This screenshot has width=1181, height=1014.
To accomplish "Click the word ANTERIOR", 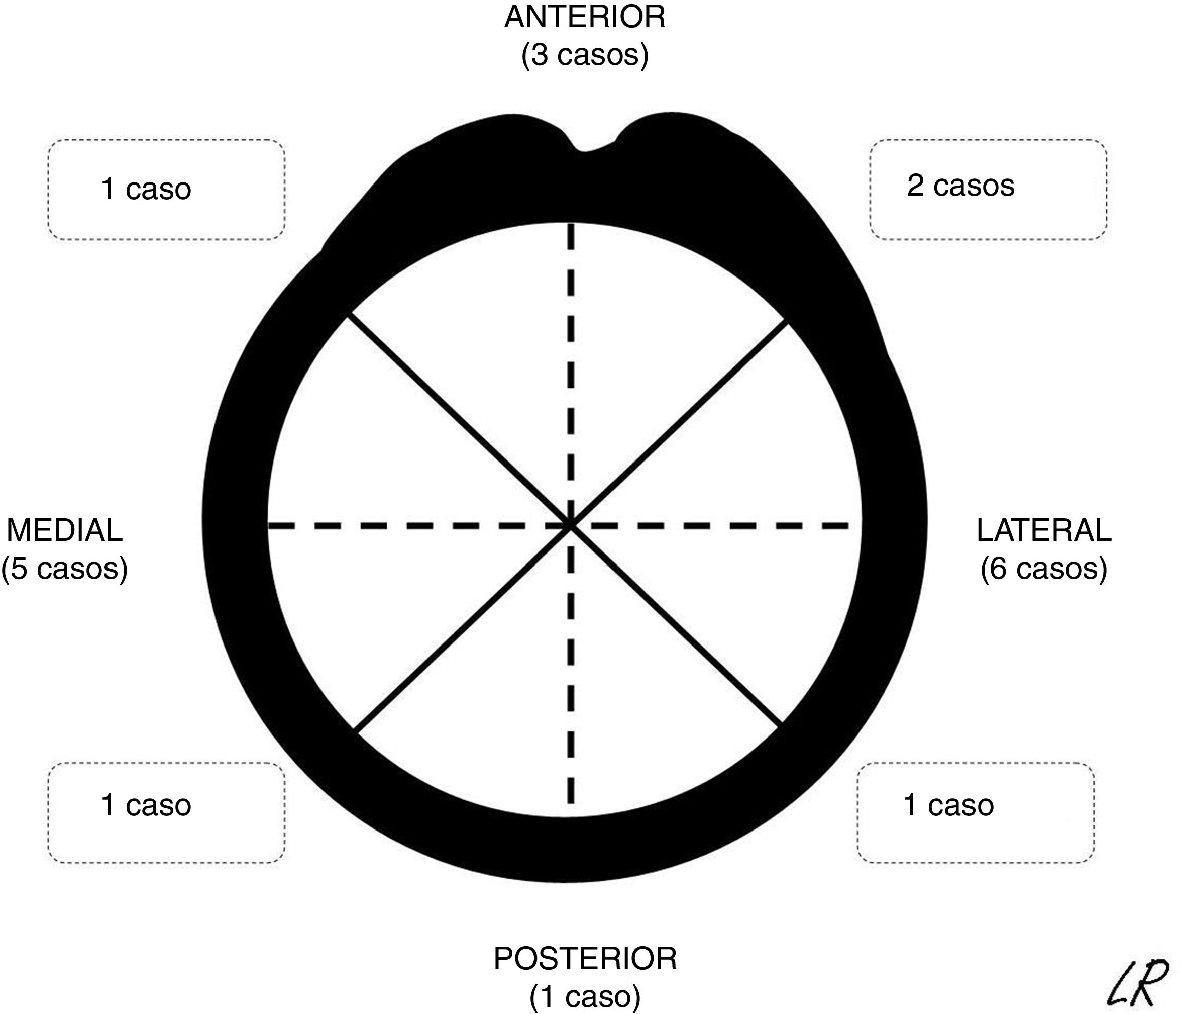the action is pos(585,17).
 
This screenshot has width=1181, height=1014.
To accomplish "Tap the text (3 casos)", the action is pos(585,56).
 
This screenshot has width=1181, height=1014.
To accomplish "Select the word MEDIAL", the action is pos(64,530).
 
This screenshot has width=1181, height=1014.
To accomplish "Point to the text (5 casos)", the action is pos(64,569).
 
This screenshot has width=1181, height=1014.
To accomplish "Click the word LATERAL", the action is pos(1044,530).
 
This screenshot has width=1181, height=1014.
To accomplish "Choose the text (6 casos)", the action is pos(1044,569).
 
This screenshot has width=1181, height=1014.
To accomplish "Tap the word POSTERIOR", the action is pos(585,959).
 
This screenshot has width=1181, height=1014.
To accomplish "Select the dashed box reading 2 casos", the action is pos(988,190).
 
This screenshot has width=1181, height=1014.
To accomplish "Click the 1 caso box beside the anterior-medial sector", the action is pos(166,190).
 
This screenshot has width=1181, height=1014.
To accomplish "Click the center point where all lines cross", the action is pos(571,525).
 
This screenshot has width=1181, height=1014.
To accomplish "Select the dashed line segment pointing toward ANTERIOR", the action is pos(571,371).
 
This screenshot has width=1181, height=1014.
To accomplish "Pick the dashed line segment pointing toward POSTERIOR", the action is pos(571,667).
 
